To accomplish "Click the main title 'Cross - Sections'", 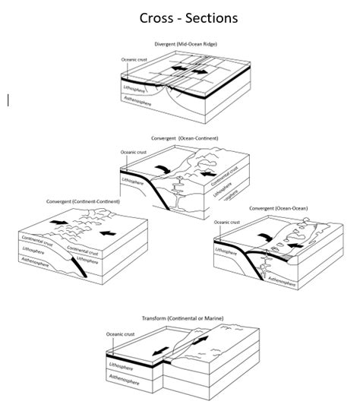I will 180,16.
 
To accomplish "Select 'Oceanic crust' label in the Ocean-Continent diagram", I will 137,152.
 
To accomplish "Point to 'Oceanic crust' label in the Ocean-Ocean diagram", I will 228,223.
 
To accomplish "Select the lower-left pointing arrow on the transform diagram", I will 160,352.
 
